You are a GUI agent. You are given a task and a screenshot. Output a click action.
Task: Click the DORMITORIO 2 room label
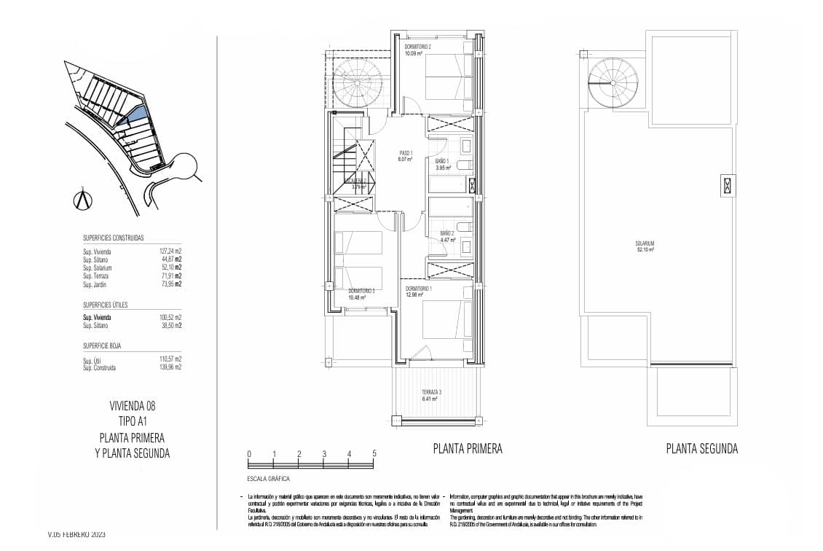click(418, 47)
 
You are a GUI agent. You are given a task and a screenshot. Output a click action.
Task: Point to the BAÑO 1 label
click(442, 160)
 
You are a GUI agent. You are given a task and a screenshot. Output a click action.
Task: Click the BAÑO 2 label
click(447, 235)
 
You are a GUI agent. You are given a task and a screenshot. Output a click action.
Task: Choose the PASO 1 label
click(406, 153)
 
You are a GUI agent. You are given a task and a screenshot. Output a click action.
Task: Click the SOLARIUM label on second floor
click(644, 244)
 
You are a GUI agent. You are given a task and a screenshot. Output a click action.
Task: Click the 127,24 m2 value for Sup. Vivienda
click(170, 251)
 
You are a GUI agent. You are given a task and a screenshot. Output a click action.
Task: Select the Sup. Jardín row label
click(96, 284)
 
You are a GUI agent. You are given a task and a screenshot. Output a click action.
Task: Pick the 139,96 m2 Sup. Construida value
click(170, 367)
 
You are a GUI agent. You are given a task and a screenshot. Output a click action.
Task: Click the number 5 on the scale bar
click(374, 453)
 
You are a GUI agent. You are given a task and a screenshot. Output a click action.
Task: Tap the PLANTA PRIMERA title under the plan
click(467, 448)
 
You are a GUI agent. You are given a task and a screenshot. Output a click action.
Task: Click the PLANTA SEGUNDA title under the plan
click(701, 448)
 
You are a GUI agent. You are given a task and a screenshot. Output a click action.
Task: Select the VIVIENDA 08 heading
click(132, 406)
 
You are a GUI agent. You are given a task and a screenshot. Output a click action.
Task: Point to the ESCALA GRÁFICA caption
click(269, 479)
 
